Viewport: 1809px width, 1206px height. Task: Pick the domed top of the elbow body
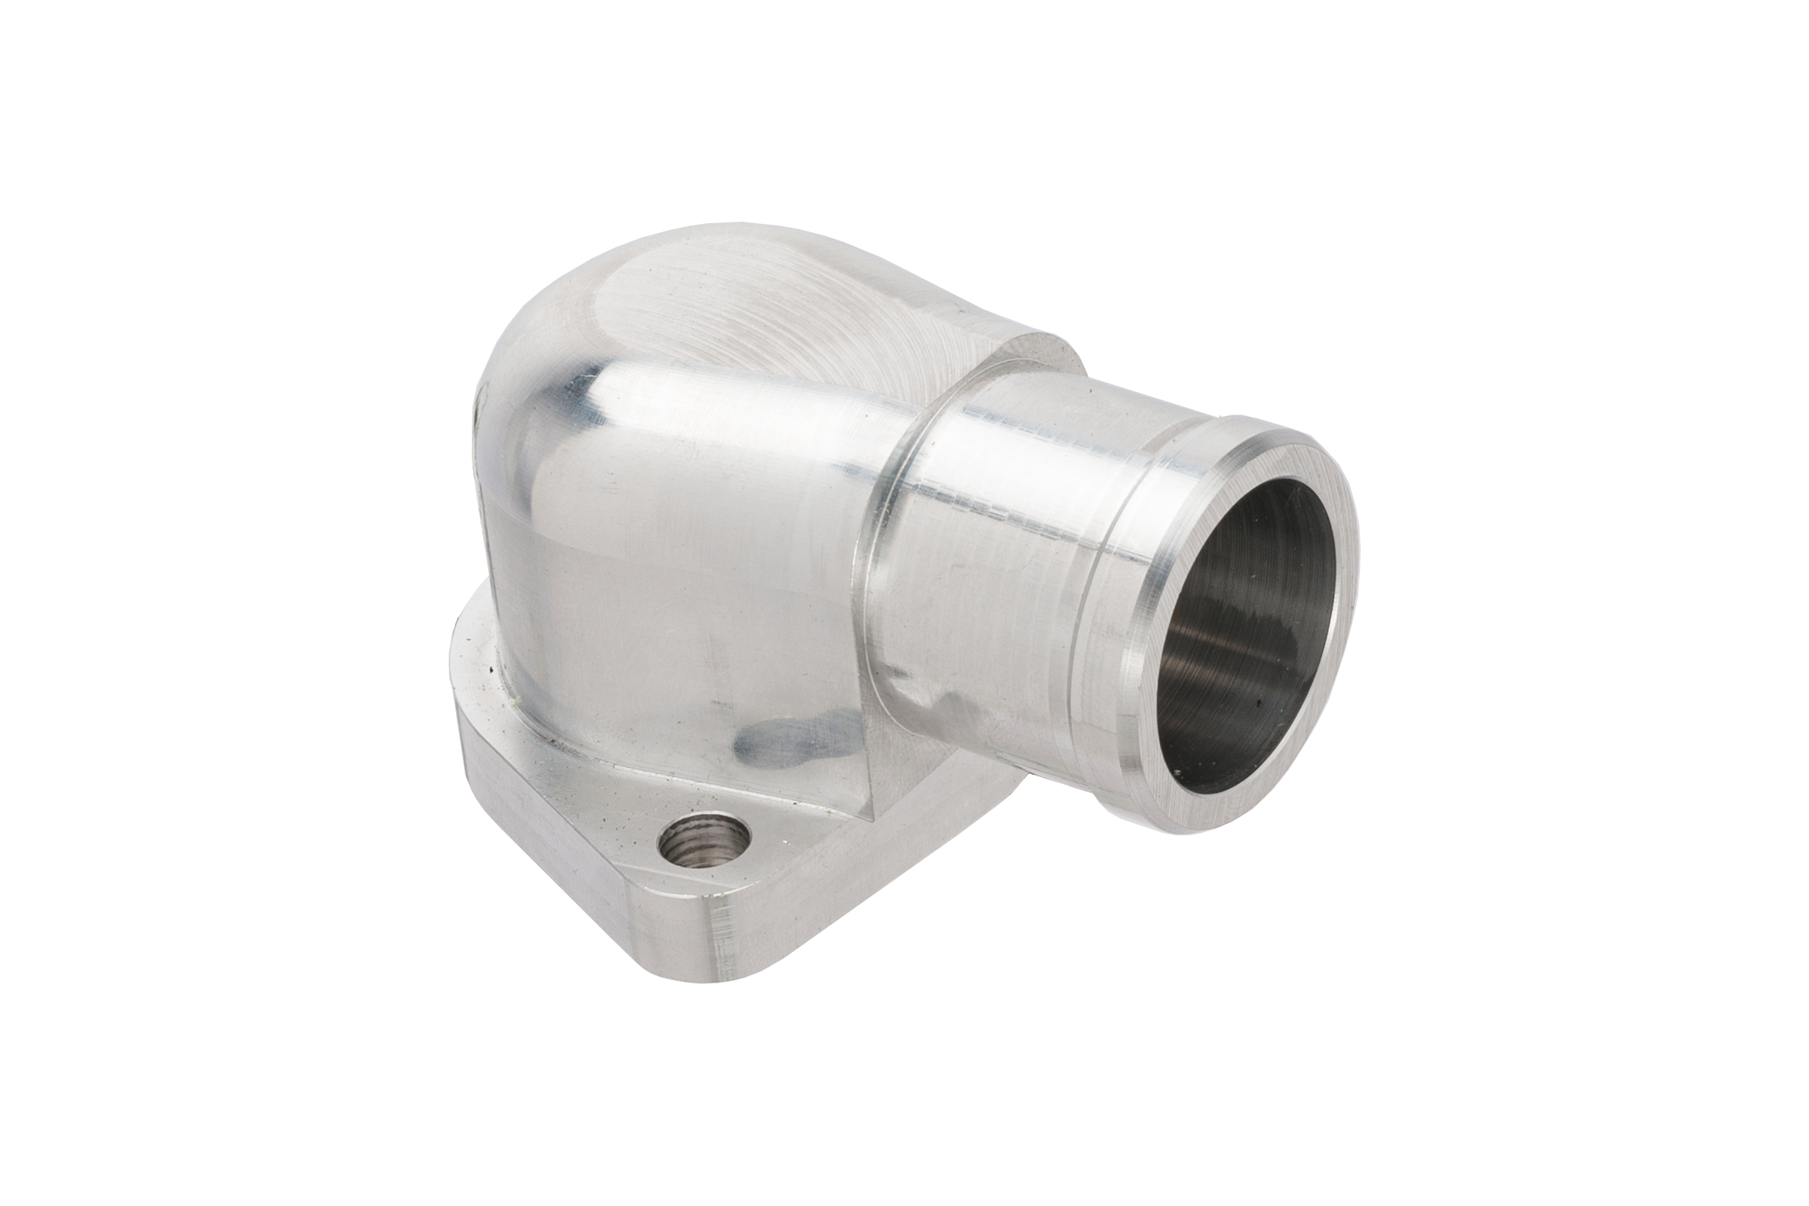(x=692, y=308)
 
